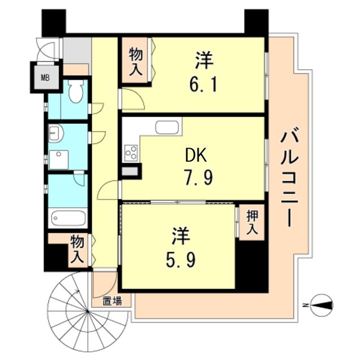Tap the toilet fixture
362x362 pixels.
pyautogui.click(x=76, y=90)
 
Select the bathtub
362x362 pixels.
pyautogui.click(x=67, y=218)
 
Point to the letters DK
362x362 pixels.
pyautogui.click(x=197, y=154)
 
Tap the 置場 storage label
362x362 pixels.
pyautogui.click(x=112, y=301)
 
